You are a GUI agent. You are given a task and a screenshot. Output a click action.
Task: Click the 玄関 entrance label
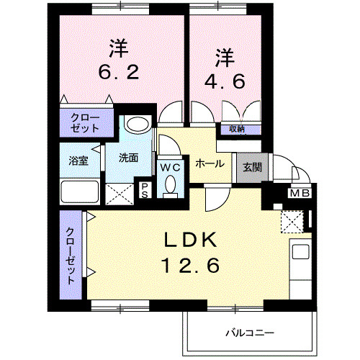251,168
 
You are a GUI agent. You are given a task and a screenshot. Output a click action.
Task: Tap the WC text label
171,167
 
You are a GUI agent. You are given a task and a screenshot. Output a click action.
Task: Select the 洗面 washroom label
129,158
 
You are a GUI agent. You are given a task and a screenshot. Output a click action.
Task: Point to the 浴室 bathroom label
78,161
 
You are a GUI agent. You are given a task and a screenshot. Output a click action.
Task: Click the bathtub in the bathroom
80,192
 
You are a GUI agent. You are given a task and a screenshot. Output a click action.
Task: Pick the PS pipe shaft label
145,190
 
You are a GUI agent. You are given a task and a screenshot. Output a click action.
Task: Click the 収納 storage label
237,129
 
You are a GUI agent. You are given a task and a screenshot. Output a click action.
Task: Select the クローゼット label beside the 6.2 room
86,122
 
